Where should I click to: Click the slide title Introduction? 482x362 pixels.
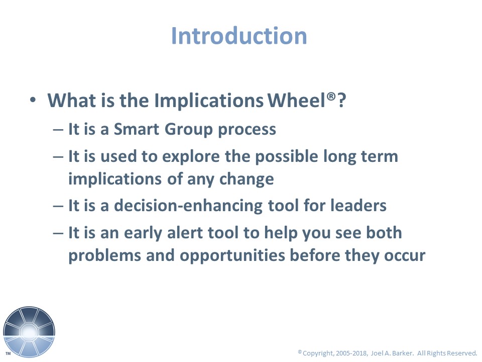(239, 36)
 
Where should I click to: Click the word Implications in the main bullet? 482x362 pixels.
(209, 101)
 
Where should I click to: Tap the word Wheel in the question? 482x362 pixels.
(296, 100)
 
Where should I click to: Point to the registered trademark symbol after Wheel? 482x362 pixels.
(331, 96)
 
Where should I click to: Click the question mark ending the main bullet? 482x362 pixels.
(341, 100)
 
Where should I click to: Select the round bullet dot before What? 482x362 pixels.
(33, 100)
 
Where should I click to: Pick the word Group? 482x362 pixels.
(189, 130)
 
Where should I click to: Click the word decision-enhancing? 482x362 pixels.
(188, 206)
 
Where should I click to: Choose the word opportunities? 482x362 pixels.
(232, 256)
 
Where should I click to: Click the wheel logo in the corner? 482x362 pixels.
(29, 332)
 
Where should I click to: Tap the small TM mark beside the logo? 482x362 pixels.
(9, 353)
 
